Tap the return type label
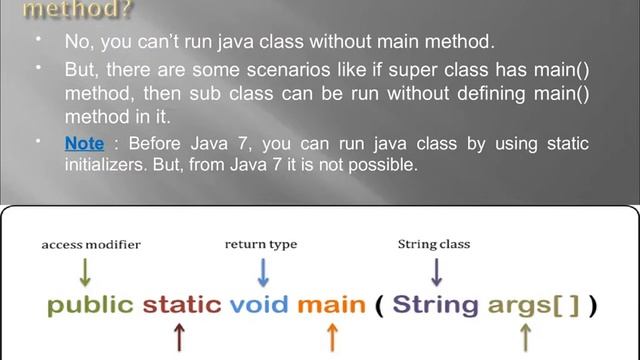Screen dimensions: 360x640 [261, 243]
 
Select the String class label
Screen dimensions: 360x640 [433, 243]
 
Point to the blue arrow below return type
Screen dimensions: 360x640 [263, 271]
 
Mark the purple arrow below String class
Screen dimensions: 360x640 [436, 271]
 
